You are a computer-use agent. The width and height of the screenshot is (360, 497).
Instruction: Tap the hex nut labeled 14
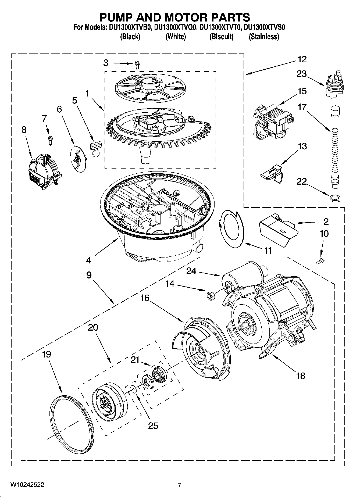(x=209, y=295)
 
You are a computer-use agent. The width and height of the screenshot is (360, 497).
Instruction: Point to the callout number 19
(x=46, y=354)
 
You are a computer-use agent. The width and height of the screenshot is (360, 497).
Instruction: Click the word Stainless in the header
(x=264, y=37)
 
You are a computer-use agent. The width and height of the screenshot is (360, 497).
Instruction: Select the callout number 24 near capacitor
(x=191, y=271)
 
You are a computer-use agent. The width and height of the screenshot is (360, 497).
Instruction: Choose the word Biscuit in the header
(x=221, y=37)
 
